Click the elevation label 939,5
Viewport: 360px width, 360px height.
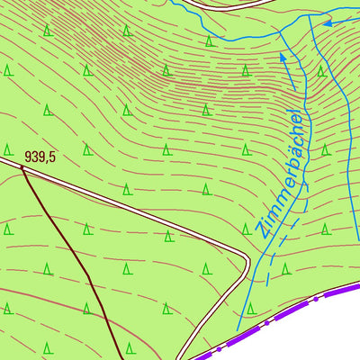40,157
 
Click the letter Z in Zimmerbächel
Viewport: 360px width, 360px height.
260,229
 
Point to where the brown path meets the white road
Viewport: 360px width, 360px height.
22,166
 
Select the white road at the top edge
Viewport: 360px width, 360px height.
225,4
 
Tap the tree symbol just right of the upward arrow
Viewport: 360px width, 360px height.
319,71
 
